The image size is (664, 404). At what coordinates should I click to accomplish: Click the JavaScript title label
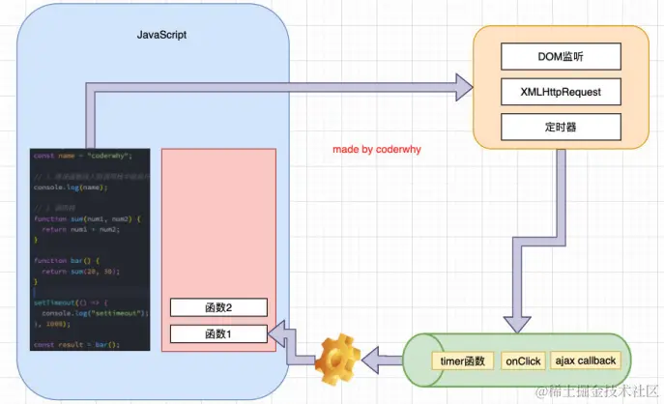click(x=161, y=34)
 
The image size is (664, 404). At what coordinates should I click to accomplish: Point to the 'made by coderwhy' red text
click(x=377, y=151)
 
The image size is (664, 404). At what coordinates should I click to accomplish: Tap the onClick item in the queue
click(x=523, y=361)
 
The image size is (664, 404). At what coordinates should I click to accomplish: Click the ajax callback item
click(x=586, y=361)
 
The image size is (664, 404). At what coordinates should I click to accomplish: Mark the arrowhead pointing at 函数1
click(x=277, y=335)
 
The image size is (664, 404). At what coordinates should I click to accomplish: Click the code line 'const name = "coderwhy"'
click(x=81, y=155)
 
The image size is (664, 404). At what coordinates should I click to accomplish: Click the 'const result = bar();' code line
click(x=75, y=344)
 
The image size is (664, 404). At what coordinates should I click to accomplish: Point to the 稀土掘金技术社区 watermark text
click(x=598, y=391)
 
